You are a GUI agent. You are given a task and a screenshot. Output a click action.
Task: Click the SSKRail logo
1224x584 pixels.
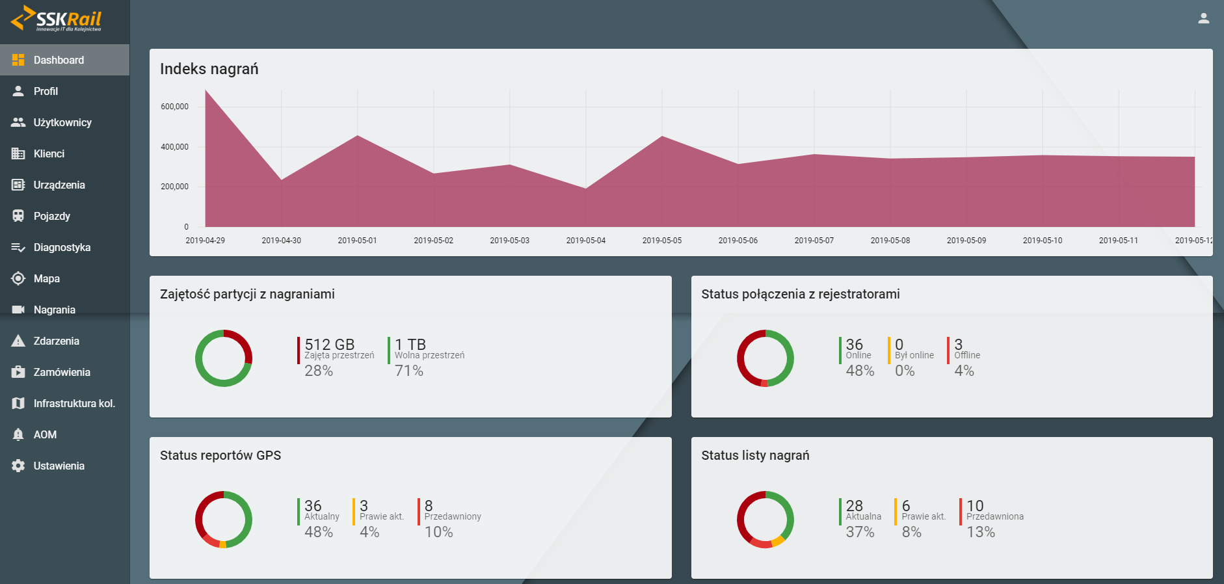coord(57,19)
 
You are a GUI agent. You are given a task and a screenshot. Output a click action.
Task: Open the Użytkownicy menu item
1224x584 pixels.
coord(62,122)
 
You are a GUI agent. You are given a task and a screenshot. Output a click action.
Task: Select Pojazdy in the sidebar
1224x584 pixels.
coord(51,216)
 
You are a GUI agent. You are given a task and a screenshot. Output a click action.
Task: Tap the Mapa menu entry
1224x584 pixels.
coord(46,278)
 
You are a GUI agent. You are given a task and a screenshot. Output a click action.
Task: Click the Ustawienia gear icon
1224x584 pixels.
coord(18,466)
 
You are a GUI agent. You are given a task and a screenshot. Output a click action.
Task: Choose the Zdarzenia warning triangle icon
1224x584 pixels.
coord(18,341)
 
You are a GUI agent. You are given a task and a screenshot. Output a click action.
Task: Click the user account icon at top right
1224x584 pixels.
coord(1203,18)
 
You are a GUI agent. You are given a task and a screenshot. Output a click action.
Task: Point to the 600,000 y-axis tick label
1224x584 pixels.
coord(174,107)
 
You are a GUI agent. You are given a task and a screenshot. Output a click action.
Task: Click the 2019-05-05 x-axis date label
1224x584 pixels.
coord(661,241)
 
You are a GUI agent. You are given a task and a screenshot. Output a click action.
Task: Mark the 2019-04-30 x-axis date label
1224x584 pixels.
coord(281,241)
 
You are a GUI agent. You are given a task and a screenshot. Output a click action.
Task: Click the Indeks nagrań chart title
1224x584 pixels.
coord(209,69)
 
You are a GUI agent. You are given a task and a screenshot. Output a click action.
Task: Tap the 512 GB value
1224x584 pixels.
coord(329,344)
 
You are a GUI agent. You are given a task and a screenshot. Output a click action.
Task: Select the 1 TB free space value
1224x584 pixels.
coord(410,344)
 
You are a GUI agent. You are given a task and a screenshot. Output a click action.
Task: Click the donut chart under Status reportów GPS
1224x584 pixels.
coord(224,520)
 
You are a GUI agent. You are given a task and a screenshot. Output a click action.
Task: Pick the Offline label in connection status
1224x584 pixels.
coord(967,355)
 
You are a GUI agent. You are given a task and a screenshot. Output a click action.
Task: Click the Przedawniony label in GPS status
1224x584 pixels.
coord(453,516)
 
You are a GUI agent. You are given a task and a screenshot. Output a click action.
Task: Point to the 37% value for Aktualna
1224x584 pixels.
coord(860,532)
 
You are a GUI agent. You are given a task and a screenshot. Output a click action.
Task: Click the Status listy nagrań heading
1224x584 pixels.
coord(755,455)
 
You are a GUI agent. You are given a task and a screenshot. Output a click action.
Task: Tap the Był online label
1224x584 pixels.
coord(914,355)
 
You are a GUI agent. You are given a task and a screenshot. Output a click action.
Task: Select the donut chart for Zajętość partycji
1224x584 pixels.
coord(224,358)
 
